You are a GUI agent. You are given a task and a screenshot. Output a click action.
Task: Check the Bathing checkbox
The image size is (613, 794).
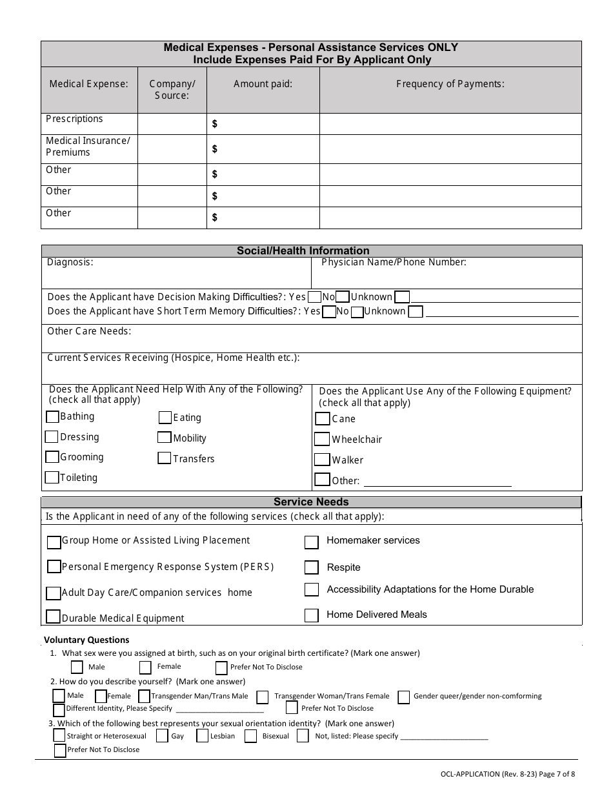click(x=52, y=417)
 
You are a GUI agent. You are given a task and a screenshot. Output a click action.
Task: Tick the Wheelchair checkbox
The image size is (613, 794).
click(x=322, y=440)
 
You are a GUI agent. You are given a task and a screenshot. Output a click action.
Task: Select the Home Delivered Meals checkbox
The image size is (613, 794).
click(x=312, y=615)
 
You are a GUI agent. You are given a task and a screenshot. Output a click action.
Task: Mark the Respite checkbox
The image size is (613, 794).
click(x=312, y=567)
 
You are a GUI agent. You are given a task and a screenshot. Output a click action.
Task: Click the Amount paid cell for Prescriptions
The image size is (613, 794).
click(x=263, y=124)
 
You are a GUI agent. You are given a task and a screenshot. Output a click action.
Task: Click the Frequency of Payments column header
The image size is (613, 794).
click(x=450, y=83)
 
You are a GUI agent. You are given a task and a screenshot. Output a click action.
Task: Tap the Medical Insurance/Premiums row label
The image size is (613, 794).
click(x=88, y=147)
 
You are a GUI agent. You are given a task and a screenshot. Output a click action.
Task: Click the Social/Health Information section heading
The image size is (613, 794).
click(x=303, y=250)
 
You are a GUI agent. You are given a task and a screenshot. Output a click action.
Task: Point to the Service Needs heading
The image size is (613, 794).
click(x=311, y=502)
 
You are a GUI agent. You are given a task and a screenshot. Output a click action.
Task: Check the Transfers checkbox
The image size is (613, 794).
click(x=165, y=458)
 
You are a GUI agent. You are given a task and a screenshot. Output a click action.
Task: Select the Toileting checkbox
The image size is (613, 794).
click(x=52, y=478)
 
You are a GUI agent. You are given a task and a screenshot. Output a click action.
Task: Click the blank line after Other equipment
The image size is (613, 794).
click(x=437, y=481)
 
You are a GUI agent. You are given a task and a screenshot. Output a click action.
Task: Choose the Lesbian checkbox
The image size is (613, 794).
click(x=202, y=736)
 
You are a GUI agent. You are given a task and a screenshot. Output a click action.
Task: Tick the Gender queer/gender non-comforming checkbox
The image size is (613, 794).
click(x=404, y=697)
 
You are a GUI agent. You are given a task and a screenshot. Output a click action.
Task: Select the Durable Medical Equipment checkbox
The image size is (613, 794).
click(x=54, y=617)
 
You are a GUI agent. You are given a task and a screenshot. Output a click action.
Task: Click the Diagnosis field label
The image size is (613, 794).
click(x=70, y=262)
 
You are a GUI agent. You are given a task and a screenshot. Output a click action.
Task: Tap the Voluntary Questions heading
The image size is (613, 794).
click(x=86, y=640)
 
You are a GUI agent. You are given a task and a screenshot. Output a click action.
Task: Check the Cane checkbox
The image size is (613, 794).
click(x=323, y=419)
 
